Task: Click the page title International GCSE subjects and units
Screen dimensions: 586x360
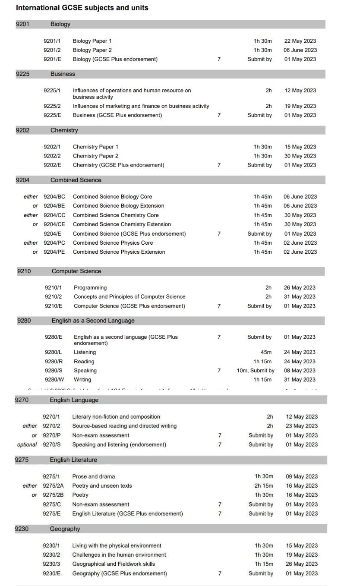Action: point(82,8)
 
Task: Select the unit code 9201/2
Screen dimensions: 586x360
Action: point(52,50)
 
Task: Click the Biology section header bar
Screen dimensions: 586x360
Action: point(171,24)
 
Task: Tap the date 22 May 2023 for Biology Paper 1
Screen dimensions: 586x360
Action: point(300,41)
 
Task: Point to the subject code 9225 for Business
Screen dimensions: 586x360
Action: point(22,74)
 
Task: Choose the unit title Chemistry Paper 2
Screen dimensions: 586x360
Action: point(95,156)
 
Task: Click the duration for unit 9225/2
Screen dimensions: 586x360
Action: point(268,106)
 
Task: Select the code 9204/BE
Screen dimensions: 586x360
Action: point(54,206)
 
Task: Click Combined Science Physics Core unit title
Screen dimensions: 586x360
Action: point(113,243)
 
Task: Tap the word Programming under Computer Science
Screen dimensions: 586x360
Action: point(90,288)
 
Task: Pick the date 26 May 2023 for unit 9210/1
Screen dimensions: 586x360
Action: point(300,288)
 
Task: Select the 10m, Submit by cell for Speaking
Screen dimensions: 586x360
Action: point(256,371)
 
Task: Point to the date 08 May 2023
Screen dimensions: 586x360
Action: point(300,371)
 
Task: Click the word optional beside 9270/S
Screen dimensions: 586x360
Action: point(27,444)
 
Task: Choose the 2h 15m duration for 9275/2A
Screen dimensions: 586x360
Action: point(263,486)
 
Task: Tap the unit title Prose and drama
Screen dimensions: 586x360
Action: point(93,476)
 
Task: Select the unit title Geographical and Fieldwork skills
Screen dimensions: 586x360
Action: point(114,564)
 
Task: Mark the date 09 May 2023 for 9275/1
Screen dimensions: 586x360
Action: point(302,476)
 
